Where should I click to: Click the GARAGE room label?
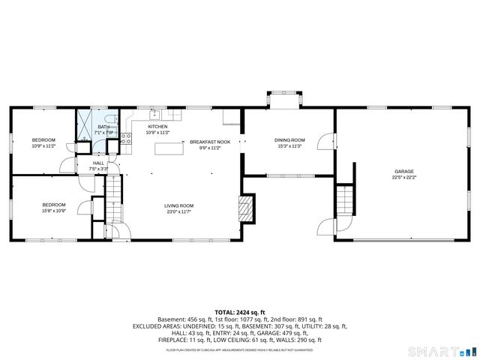coord(404,171)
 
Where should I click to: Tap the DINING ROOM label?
coord(289,140)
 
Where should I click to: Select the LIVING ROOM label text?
coord(179,205)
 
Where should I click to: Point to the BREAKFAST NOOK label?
coord(204,142)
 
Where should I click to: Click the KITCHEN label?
coord(157,127)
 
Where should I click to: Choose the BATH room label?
coord(103,127)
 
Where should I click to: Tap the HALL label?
coord(99,163)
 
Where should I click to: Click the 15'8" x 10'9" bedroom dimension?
coord(53,211)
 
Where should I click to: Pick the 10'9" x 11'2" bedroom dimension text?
coord(43,146)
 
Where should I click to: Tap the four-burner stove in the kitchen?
coord(127,138)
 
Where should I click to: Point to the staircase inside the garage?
coord(343,199)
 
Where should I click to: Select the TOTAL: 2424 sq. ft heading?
coord(239,311)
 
